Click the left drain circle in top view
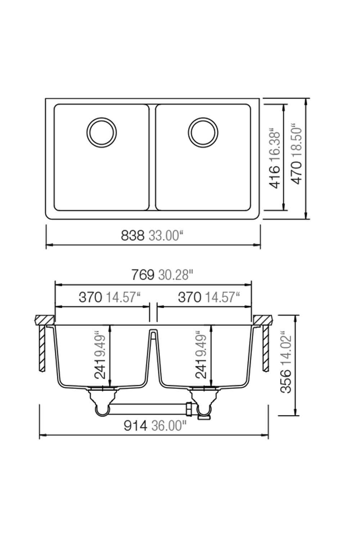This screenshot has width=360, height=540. (102, 132)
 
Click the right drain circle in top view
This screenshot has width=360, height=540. (203, 132)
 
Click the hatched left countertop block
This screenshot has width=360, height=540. (44, 320)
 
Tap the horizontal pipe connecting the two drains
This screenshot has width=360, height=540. (148, 409)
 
